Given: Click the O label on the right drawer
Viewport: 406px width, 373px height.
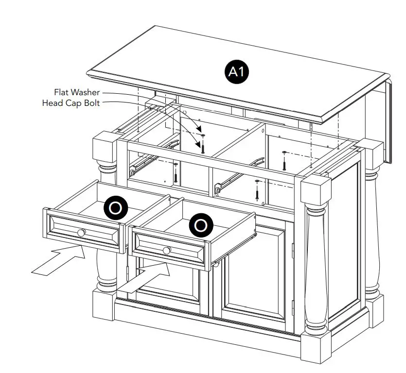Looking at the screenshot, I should click(200, 225).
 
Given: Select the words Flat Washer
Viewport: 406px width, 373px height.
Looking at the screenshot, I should click(77, 92).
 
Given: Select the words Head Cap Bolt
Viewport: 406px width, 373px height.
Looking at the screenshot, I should click(71, 102).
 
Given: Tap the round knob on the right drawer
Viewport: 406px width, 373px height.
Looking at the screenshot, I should click(167, 250).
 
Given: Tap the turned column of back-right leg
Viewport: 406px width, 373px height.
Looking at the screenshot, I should click(372, 228).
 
